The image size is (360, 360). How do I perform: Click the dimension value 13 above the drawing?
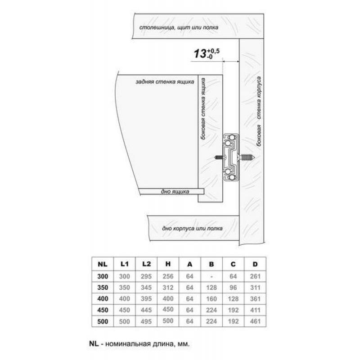click(200, 54)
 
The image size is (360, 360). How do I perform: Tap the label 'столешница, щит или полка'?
click(179, 27)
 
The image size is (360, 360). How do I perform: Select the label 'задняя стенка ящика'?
click(165, 82)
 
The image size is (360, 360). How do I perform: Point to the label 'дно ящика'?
click(175, 192)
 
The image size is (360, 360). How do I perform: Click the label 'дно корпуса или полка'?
click(192, 229)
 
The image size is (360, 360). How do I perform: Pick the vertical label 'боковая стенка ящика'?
click(203, 108)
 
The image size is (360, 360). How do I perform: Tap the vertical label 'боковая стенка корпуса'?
click(259, 111)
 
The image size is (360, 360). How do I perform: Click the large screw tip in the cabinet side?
click(254, 157)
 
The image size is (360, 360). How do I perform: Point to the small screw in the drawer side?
click(219, 157)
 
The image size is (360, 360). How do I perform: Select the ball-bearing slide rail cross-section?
click(231, 157)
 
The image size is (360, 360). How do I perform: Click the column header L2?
click(146, 264)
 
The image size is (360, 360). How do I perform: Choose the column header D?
click(255, 264)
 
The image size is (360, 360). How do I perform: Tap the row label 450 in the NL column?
click(103, 310)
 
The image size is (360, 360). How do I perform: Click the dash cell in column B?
click(211, 277)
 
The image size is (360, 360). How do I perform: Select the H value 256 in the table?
click(168, 276)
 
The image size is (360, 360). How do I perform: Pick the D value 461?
click(255, 321)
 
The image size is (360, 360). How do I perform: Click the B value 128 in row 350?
click(211, 288)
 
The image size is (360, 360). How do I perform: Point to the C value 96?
click(233, 288)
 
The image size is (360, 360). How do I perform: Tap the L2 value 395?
click(146, 299)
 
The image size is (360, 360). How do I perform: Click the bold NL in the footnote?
click(94, 344)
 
